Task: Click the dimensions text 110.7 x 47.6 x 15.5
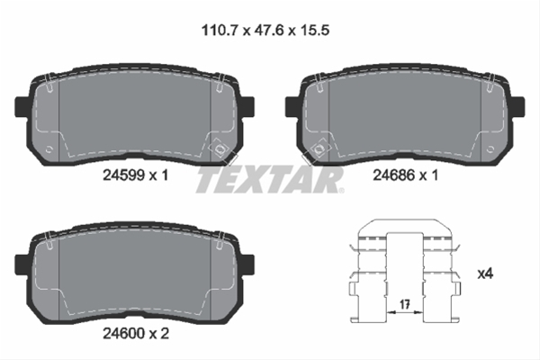(x=265, y=31)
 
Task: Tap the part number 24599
(x=123, y=175)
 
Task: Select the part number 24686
(x=394, y=175)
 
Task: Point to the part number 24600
(x=123, y=333)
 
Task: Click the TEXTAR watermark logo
(x=269, y=180)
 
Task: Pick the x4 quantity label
(x=485, y=274)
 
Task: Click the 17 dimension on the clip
(x=405, y=304)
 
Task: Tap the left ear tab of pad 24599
(x=22, y=106)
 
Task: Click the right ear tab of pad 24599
(x=247, y=106)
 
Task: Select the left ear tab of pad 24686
(x=292, y=106)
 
